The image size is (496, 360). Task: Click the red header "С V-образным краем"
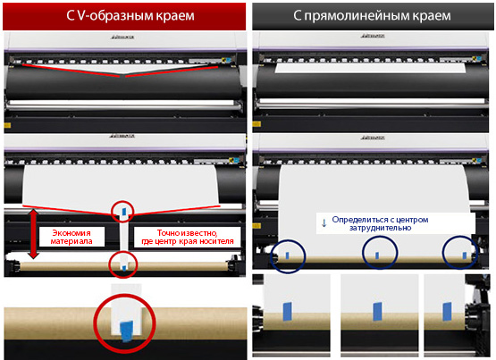[x=130, y=16]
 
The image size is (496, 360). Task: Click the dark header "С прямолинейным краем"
[x=373, y=15]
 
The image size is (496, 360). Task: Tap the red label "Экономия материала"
[x=71, y=237]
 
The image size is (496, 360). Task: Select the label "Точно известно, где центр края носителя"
[x=188, y=237]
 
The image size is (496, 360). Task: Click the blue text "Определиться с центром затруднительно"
[x=380, y=223]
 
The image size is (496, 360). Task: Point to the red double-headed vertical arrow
[x=34, y=234]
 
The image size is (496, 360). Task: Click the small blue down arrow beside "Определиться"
[x=324, y=223]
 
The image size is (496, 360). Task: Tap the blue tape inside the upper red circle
[x=124, y=212]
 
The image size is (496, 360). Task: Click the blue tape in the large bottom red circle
[x=126, y=331]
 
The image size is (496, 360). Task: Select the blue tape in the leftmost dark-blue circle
[x=287, y=255]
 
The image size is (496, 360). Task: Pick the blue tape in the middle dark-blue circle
[x=377, y=255]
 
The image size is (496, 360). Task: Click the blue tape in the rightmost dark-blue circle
[x=464, y=255]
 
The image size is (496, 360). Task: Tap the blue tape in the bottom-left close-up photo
[x=287, y=312]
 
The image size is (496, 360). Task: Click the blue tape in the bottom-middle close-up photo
[x=377, y=312]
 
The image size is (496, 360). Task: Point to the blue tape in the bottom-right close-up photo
[x=447, y=312]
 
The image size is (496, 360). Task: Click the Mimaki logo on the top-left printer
[x=122, y=38]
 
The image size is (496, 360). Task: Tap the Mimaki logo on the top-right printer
[x=373, y=36]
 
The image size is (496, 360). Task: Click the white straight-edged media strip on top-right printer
[x=370, y=68]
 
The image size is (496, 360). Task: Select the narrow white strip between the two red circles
[x=124, y=236]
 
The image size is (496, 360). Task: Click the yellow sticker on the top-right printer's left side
[x=256, y=124]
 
